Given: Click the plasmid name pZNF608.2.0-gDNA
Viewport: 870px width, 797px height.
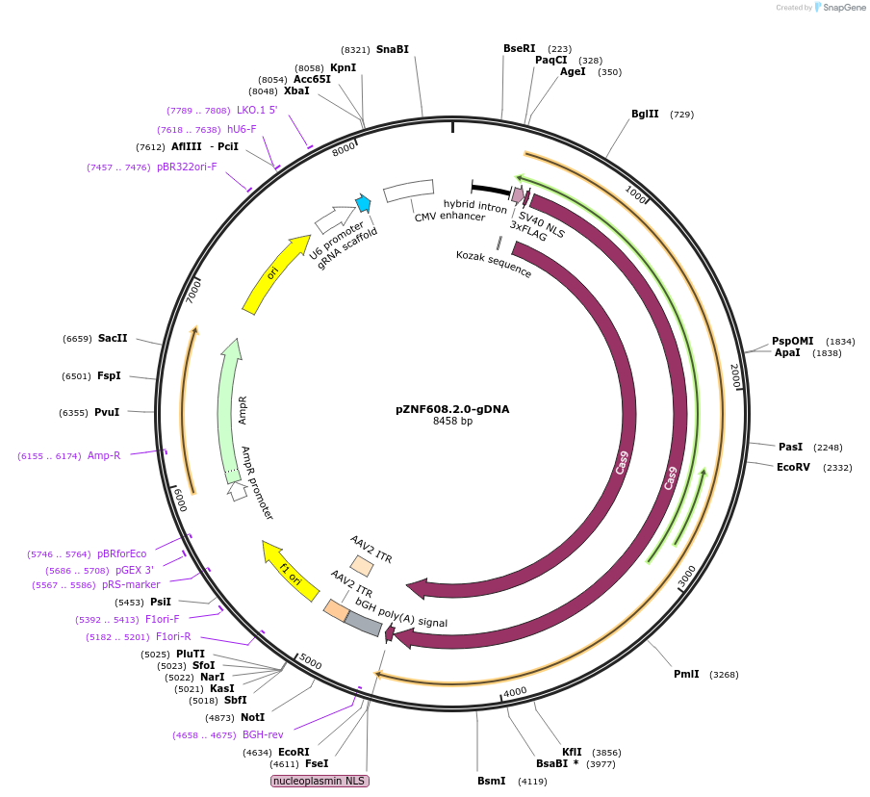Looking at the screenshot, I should click(451, 408).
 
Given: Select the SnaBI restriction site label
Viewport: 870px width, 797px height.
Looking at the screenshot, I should click(393, 49).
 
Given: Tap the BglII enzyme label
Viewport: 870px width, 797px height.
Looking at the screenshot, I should click(645, 114).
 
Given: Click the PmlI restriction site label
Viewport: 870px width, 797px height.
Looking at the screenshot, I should click(686, 674).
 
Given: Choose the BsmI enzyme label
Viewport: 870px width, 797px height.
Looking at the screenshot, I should click(491, 781).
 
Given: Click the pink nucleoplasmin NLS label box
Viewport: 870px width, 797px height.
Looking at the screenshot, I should click(320, 781).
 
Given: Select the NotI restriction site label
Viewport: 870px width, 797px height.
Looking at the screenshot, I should click(253, 717).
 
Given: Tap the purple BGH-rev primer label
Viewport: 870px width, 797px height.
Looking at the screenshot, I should click(263, 734).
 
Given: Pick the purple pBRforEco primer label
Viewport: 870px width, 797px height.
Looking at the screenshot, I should click(121, 553).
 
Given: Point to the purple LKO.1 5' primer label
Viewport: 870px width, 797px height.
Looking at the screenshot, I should click(257, 110).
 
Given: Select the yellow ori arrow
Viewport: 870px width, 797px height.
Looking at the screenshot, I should click(269, 276).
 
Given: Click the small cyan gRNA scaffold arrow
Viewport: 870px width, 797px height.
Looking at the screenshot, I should click(363, 202).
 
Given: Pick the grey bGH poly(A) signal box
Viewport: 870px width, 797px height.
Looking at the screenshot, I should click(363, 625).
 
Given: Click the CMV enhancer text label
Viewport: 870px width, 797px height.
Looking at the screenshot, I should click(449, 217).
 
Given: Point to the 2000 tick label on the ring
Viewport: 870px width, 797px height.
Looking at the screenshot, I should click(734, 373).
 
